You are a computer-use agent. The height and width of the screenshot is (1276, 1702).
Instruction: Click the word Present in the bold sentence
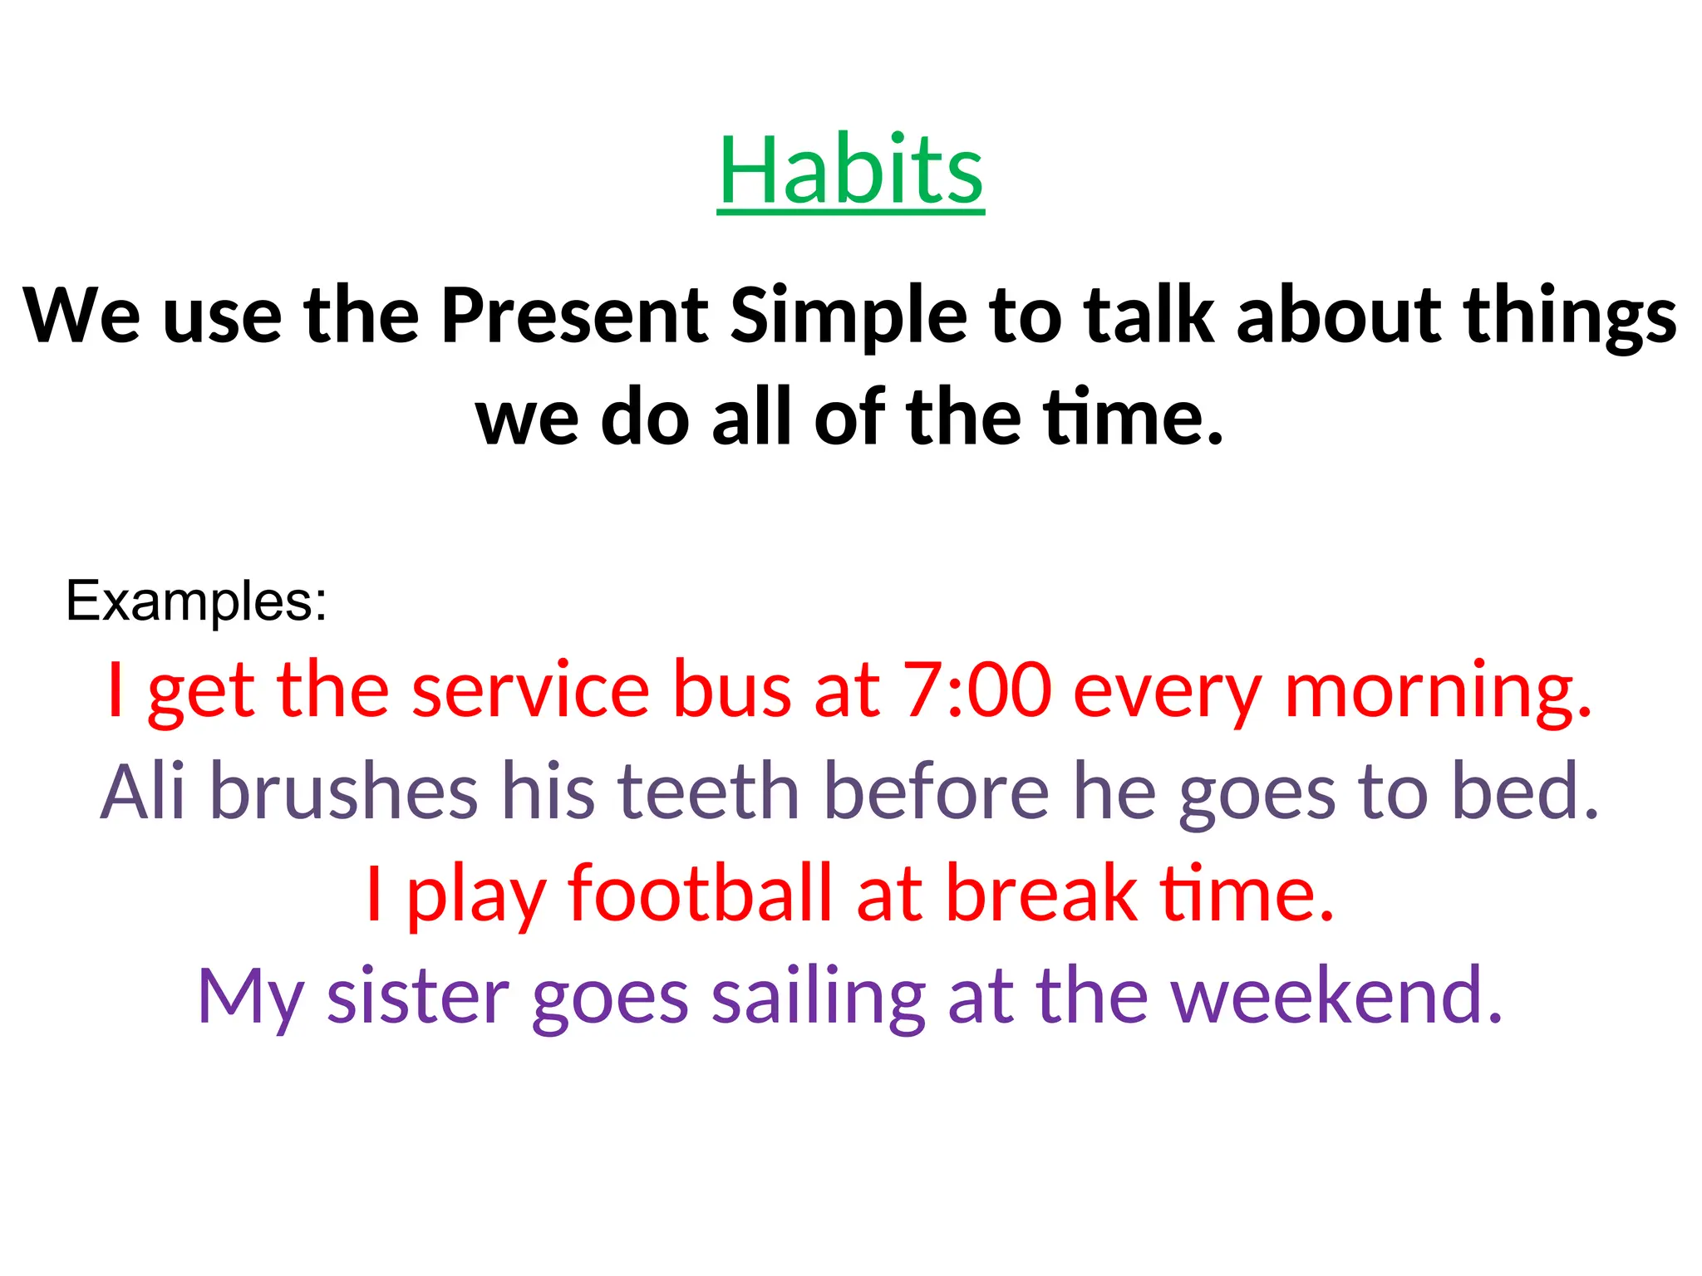(x=574, y=315)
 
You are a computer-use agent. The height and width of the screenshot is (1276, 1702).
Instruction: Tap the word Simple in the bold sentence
(x=849, y=315)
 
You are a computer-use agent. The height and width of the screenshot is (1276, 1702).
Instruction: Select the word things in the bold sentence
(x=1570, y=315)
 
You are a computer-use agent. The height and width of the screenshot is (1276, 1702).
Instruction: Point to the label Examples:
(x=196, y=601)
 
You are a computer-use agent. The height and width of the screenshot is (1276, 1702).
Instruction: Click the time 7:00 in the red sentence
(x=977, y=690)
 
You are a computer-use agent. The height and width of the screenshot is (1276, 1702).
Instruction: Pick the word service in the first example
(x=530, y=690)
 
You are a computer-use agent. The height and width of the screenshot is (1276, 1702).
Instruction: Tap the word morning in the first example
(x=1437, y=690)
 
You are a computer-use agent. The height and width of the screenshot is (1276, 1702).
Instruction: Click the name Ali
(x=142, y=791)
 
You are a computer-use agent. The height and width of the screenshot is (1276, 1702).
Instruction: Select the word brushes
(x=343, y=791)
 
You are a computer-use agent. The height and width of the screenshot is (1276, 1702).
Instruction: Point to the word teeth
(x=708, y=791)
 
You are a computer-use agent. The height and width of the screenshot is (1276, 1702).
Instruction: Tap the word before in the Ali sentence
(x=937, y=791)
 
